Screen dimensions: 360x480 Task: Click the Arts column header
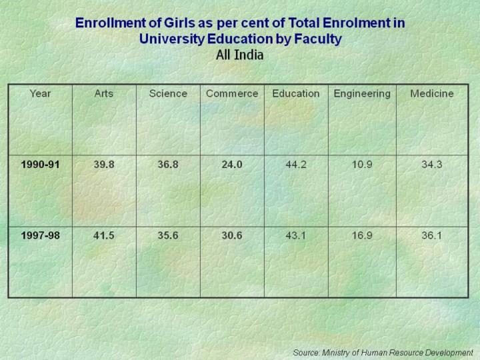[x=104, y=93]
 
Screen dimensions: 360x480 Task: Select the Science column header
[x=168, y=93]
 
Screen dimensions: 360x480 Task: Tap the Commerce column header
[x=232, y=93]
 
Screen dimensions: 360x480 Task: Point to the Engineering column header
[x=362, y=93]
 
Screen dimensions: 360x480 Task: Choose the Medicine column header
[x=432, y=93]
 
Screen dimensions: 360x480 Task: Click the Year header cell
[x=40, y=93]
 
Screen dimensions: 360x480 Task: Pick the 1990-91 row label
[x=40, y=165]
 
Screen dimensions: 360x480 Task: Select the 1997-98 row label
[x=40, y=235]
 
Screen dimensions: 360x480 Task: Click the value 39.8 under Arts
[x=104, y=165]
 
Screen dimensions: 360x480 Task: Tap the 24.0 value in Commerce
[x=232, y=165]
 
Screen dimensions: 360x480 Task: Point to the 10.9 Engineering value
[x=362, y=165]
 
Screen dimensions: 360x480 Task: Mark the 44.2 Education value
[x=296, y=165]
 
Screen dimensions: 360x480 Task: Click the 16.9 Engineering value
[x=362, y=235]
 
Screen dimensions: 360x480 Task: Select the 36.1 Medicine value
[x=432, y=235]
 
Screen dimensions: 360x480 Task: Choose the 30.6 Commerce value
[x=232, y=235]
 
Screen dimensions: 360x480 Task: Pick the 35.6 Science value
[x=168, y=235]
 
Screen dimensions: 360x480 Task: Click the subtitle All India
[x=240, y=55]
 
